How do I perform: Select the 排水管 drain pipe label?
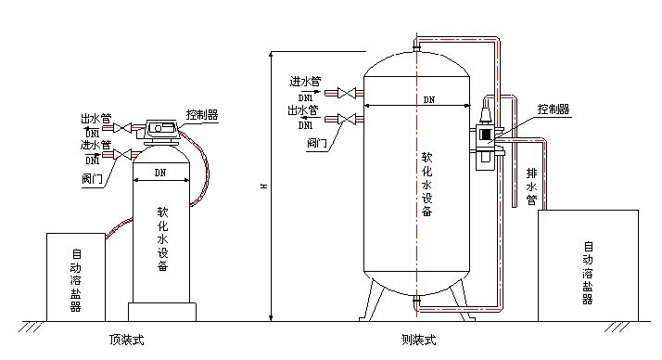point(531,185)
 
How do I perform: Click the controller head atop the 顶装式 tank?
point(163,131)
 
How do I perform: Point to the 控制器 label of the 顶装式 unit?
point(201,114)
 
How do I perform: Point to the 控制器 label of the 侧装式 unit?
point(553,109)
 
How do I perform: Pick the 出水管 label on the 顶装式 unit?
point(92,120)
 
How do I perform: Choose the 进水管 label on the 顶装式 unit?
point(92,146)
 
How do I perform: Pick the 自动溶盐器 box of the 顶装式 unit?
point(75,276)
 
